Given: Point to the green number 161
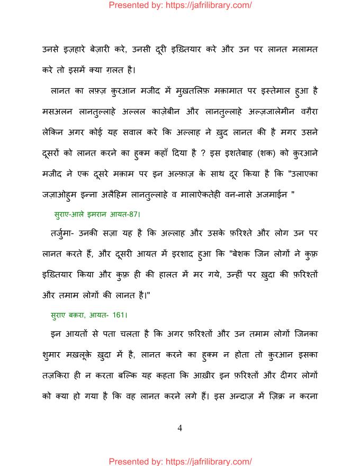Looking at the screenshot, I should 119,315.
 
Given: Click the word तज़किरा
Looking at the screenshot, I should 59,375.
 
